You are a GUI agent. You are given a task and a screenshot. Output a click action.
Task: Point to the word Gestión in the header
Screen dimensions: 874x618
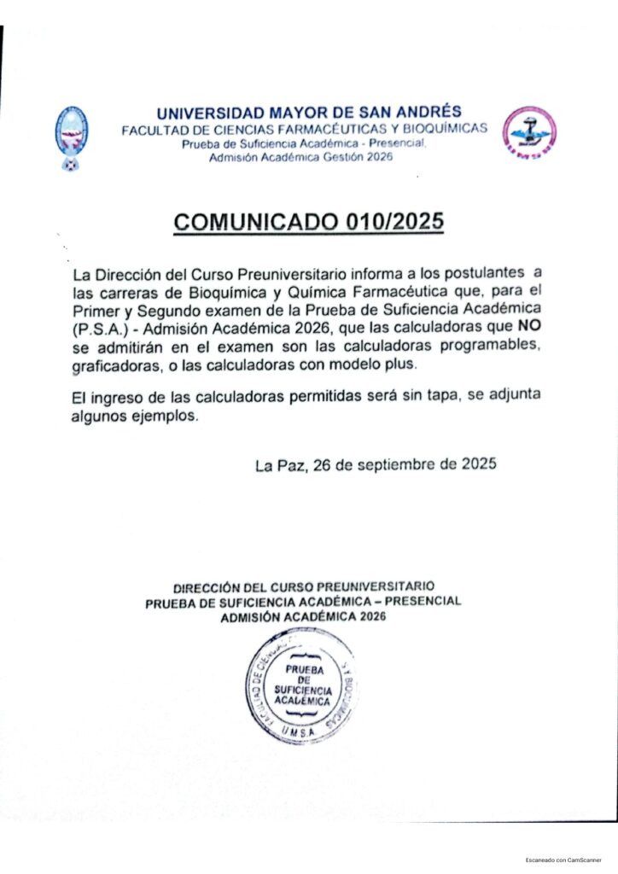click(335, 160)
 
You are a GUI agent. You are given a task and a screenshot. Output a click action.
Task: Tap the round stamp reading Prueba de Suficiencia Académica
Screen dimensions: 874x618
click(301, 685)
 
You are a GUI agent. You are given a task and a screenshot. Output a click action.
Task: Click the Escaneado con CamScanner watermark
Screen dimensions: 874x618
click(564, 860)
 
